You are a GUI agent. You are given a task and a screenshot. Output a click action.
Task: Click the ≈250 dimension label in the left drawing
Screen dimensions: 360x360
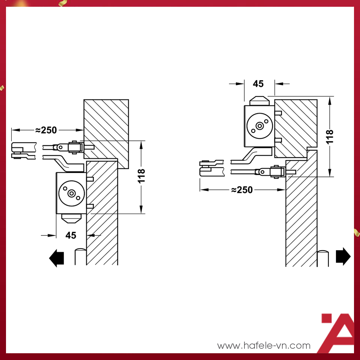point(46,130)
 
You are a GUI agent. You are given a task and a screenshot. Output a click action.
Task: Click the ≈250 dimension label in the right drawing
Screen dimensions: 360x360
point(242,190)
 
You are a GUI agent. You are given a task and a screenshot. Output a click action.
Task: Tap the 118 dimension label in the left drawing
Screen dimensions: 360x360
point(141,176)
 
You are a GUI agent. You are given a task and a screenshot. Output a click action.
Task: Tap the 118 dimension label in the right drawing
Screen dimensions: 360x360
point(330,137)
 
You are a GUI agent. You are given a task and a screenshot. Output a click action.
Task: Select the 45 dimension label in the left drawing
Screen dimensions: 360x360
point(71,235)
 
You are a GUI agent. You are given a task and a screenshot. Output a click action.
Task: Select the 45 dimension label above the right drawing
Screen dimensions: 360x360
point(258,84)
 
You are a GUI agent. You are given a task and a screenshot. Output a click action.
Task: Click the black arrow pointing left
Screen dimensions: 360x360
point(57,258)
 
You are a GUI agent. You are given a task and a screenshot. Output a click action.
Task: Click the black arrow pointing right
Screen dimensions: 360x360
point(343,256)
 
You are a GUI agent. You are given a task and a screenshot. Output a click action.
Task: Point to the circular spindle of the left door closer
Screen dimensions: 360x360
point(71,193)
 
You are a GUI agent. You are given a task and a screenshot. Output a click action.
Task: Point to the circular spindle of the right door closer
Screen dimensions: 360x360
point(259,126)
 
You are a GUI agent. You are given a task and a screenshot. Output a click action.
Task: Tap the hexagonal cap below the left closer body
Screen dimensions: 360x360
point(71,219)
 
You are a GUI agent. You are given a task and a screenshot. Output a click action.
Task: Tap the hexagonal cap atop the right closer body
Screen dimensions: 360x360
point(259,101)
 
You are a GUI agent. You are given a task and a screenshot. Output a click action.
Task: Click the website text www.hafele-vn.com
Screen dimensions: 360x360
point(264,345)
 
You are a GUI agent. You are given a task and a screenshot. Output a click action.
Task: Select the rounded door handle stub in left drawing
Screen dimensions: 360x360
point(80,256)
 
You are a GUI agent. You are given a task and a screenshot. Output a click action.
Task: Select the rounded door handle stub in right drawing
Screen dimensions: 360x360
point(323,258)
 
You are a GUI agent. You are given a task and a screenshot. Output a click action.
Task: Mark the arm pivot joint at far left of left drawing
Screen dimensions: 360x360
point(24,151)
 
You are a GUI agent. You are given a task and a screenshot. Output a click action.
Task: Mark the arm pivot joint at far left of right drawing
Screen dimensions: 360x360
point(211,168)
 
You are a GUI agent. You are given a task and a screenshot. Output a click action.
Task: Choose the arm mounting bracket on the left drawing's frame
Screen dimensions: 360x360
point(76,147)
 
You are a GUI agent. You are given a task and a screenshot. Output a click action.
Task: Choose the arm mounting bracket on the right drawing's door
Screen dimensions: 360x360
point(278,172)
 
